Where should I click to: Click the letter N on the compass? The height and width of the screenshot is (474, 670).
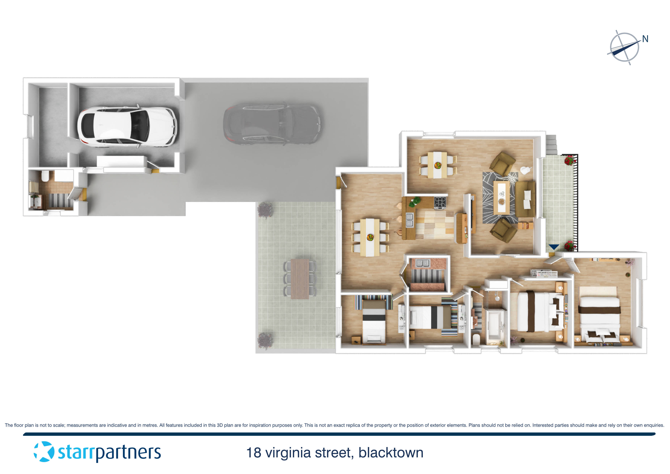(x=645, y=39)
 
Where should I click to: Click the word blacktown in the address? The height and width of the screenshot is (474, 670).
(x=391, y=453)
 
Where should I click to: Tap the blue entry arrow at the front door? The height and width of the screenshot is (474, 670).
(x=554, y=247)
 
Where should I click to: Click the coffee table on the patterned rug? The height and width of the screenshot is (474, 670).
(x=502, y=197)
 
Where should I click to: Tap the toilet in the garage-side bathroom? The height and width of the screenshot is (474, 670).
(x=45, y=176)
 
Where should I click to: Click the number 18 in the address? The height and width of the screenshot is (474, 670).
(x=254, y=453)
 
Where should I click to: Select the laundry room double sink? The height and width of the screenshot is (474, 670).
(x=422, y=263)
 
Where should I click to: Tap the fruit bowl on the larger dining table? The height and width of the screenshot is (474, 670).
(x=370, y=237)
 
